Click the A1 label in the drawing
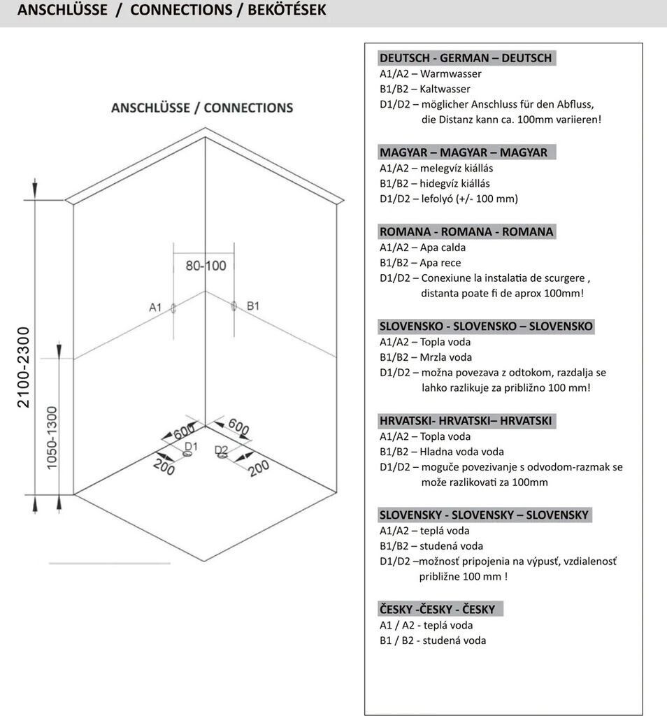(x=155, y=307)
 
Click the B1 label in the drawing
(x=253, y=306)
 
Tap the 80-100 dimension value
(x=206, y=266)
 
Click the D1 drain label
(x=191, y=446)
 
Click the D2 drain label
(x=221, y=450)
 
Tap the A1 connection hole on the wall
(x=173, y=308)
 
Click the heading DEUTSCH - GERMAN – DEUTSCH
(x=466, y=58)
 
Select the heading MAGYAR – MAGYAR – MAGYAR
(x=463, y=152)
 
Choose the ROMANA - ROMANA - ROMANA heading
(x=466, y=231)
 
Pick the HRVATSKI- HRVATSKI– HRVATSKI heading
(x=466, y=421)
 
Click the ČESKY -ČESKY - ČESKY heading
(x=437, y=609)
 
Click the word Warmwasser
(x=450, y=73)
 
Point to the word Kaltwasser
(x=445, y=89)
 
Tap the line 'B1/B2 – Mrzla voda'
(x=424, y=357)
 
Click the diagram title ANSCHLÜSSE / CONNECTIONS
(x=202, y=108)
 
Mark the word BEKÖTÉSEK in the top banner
(x=287, y=10)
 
